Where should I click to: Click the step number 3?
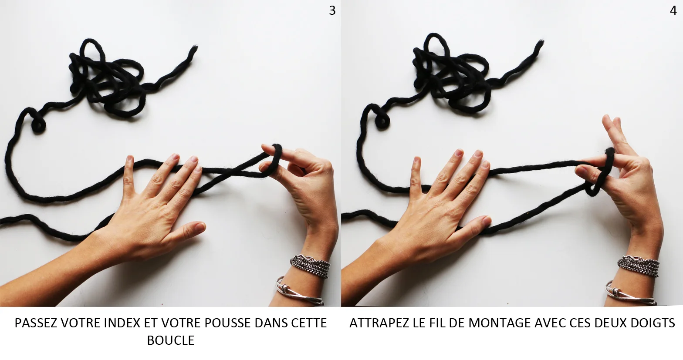[332, 11]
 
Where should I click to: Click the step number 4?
[673, 11]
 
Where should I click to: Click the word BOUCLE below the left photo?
[171, 340]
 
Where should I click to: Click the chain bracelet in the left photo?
[311, 266]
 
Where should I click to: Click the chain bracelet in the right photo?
[639, 266]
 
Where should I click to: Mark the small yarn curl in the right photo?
[382, 121]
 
